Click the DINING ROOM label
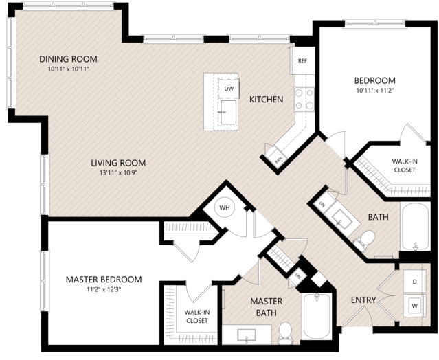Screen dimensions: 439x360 click(x=68, y=59)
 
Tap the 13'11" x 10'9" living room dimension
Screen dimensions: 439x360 click(x=118, y=173)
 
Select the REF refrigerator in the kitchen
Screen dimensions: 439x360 click(x=302, y=60)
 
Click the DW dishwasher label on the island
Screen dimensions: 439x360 click(x=229, y=89)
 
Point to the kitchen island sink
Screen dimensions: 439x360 click(x=228, y=112)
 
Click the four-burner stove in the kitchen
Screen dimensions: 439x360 click(x=304, y=99)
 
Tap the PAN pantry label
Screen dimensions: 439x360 click(x=278, y=160)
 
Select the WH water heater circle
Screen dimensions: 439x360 click(x=224, y=207)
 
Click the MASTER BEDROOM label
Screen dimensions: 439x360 click(x=104, y=280)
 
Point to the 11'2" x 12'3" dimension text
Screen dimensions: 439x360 click(x=104, y=289)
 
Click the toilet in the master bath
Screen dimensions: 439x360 click(x=285, y=333)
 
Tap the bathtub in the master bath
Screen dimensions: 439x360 click(x=317, y=316)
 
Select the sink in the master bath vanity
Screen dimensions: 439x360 click(x=247, y=335)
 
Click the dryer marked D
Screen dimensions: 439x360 click(x=415, y=282)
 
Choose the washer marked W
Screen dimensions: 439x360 click(x=415, y=306)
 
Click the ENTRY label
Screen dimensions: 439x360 click(x=363, y=300)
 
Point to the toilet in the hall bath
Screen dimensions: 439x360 click(x=364, y=240)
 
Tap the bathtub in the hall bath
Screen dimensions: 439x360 click(x=416, y=226)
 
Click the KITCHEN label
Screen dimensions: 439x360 click(x=267, y=100)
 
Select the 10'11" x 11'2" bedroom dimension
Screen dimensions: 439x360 click(x=375, y=91)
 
